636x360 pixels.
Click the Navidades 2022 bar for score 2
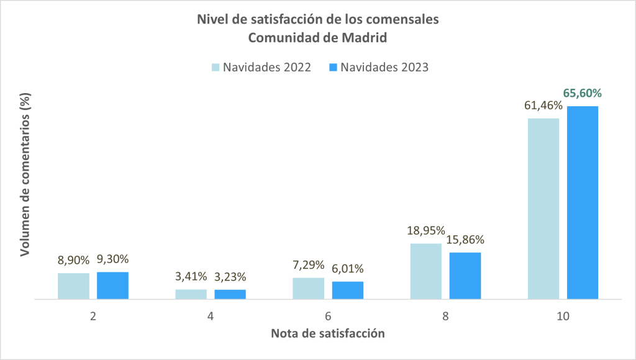73,286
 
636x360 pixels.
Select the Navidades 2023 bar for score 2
112,286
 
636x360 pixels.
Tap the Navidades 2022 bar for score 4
191,294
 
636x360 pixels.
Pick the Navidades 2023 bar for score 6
348,290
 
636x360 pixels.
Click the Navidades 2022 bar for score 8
426,271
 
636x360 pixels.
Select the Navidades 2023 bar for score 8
465,276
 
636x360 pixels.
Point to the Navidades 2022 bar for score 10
543,209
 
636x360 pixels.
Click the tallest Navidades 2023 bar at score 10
583,202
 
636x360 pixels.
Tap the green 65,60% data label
583,94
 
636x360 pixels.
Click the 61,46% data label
542,106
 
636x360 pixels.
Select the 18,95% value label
425,232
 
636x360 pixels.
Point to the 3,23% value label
230,277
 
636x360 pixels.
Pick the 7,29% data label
307,266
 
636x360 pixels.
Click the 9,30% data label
112,259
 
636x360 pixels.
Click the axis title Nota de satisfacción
327,333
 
